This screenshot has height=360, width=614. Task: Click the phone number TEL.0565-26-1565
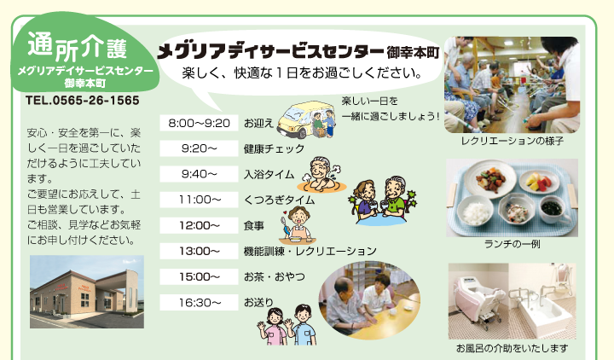point(82,101)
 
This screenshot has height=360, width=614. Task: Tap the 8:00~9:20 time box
point(199,123)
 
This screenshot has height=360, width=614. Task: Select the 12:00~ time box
point(199,225)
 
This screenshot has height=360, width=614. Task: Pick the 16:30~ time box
point(199,302)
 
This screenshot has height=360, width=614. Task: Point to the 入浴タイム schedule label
point(269,174)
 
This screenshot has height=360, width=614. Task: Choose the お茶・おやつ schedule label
point(274,277)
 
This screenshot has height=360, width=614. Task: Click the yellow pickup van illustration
point(306,119)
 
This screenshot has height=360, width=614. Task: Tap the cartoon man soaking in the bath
point(321,175)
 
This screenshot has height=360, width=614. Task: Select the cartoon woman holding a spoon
point(297,225)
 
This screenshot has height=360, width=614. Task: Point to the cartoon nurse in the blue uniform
point(302,325)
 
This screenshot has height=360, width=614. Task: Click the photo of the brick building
point(87,292)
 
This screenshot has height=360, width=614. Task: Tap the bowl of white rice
point(475,212)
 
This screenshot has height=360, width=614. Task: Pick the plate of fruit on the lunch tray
point(539,182)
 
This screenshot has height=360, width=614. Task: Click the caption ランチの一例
point(513,244)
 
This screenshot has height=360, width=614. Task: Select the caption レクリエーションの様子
point(513,141)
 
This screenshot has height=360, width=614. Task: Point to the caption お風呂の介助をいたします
point(512,348)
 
